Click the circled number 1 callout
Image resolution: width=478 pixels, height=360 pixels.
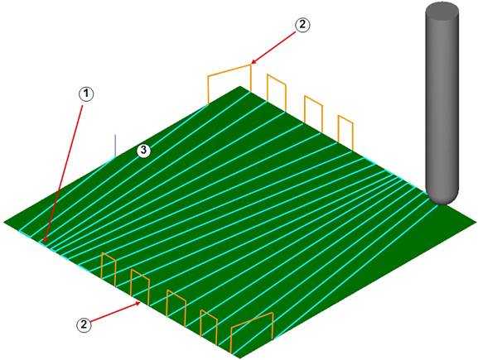pyautogui.click(x=87, y=94)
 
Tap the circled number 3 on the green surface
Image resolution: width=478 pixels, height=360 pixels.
pyautogui.click(x=143, y=150)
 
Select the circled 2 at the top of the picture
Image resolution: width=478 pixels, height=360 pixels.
pyautogui.click(x=302, y=24)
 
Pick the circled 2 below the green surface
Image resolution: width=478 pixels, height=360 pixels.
pyautogui.click(x=84, y=324)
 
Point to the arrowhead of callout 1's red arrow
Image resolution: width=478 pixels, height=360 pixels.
pyautogui.click(x=45, y=240)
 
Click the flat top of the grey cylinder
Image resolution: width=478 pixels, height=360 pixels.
pyautogui.click(x=442, y=10)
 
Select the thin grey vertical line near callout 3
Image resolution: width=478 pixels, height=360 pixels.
pyautogui.click(x=115, y=146)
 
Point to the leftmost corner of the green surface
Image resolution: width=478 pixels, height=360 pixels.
pyautogui.click(x=4, y=222)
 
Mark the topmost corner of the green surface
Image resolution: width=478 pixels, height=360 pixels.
pyautogui.click(x=241, y=87)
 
